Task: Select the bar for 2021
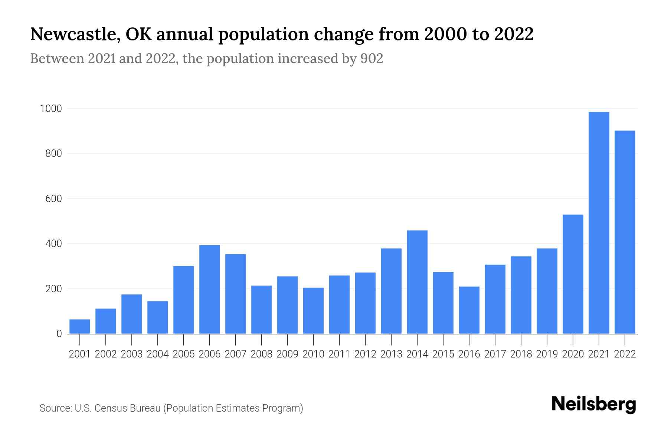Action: point(599,223)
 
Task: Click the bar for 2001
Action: point(80,326)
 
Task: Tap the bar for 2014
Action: point(417,282)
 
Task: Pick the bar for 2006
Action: point(209,289)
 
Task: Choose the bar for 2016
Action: point(469,310)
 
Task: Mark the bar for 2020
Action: point(573,274)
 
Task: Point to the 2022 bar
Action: point(625,232)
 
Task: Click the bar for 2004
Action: point(158,317)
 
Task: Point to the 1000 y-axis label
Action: point(51,109)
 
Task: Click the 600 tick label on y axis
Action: point(53,199)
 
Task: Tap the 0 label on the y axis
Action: point(59,334)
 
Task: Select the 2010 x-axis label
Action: point(313,354)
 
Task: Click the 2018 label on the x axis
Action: point(521,354)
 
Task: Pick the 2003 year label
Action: point(132,354)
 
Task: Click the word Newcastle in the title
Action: point(74,34)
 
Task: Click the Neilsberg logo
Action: point(594,404)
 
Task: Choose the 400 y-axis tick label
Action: point(53,244)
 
